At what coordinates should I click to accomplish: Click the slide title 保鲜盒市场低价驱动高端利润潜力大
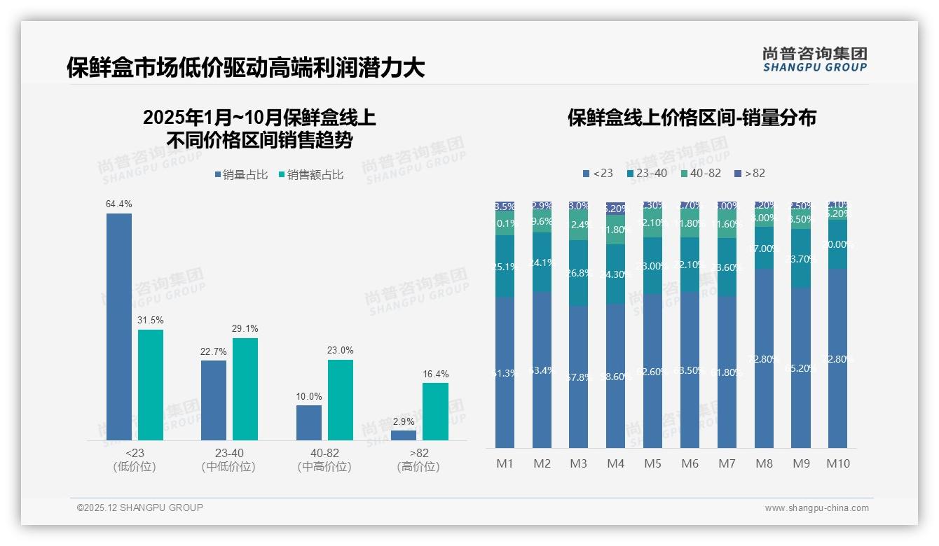[x=245, y=68]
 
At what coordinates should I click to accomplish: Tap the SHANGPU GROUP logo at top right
[x=814, y=59]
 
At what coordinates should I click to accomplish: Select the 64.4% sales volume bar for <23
[x=119, y=326]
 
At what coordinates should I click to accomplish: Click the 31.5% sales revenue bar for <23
[x=151, y=384]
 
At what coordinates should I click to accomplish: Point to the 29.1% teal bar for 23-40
[x=245, y=388]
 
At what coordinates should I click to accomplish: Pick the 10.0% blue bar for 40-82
[x=309, y=422]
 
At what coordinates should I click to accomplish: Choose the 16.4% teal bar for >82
[x=435, y=411]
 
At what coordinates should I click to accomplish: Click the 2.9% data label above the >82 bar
[x=403, y=422]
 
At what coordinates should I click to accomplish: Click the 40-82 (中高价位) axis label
[x=324, y=460]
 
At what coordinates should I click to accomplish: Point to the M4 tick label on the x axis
[x=615, y=463]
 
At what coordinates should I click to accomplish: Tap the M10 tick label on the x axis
[x=838, y=463]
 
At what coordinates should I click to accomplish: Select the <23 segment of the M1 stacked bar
[x=505, y=372]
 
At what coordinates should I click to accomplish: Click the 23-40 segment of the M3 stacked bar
[x=578, y=273]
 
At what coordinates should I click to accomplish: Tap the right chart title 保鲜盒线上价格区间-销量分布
[x=692, y=118]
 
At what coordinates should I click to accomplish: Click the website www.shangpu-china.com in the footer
[x=816, y=508]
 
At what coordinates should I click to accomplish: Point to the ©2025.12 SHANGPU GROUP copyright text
[x=140, y=507]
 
